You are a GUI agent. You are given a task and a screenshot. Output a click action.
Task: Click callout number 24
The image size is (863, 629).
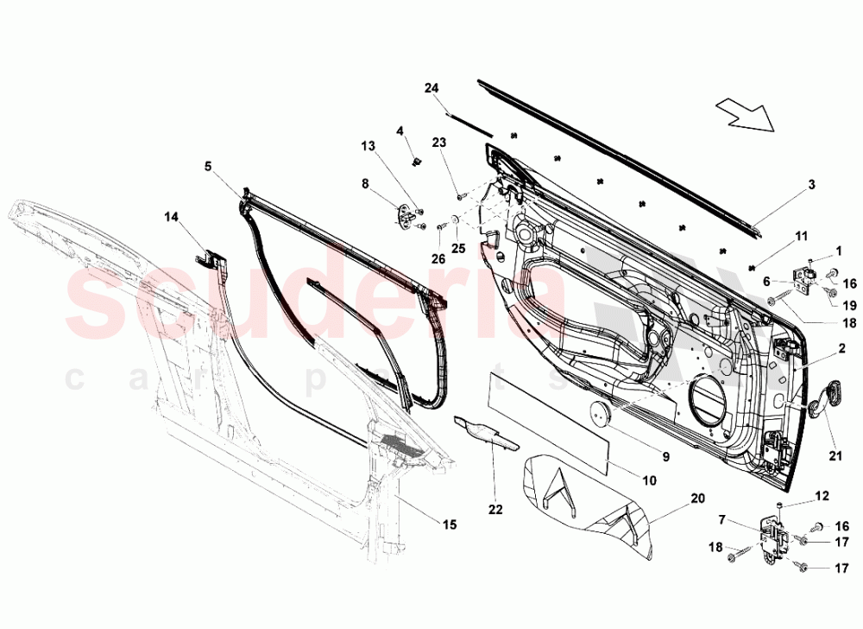tap(431, 87)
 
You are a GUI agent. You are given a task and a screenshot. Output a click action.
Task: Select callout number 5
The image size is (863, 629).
tap(207, 166)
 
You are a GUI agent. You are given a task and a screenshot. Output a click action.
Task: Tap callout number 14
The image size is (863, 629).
tap(171, 217)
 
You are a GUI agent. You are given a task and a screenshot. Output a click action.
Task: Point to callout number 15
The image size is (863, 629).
tap(450, 524)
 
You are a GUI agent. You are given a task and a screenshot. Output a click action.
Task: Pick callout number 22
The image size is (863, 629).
tap(495, 510)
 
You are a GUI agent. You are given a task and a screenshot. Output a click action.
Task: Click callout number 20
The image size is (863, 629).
tap(697, 499)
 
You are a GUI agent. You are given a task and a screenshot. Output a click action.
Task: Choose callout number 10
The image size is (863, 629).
tap(650, 480)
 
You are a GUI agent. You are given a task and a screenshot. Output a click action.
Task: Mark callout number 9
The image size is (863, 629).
tap(665, 456)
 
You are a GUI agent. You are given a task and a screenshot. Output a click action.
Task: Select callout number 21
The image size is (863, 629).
tap(835, 456)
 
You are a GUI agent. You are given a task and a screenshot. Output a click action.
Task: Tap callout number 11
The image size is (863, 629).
tap(802, 236)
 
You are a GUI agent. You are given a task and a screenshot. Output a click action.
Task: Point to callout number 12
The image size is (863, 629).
tap(822, 496)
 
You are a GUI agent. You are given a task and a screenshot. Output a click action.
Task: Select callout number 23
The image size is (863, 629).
tap(438, 143)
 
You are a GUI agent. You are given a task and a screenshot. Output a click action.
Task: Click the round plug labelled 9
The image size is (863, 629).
tap(597, 414)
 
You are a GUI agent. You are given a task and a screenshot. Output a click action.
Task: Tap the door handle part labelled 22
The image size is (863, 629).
tap(487, 434)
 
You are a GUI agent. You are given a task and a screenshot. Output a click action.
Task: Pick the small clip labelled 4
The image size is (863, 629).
tap(417, 161)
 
